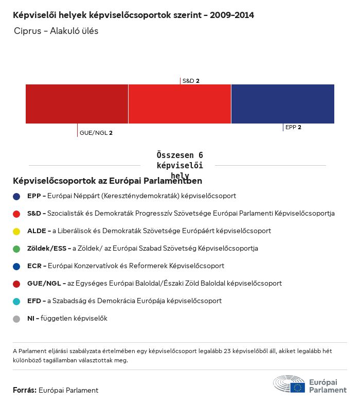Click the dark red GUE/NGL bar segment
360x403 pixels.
coord(77,104)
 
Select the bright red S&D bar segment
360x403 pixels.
coord(179,104)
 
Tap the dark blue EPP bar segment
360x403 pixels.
coord(282,104)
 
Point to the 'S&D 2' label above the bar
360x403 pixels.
coord(191,81)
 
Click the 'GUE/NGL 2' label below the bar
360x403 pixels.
coord(96,133)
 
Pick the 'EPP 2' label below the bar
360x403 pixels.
coord(293,127)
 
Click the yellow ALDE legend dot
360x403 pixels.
coord(16,231)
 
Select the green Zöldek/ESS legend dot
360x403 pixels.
coord(16,249)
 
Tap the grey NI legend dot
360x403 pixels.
coord(16,319)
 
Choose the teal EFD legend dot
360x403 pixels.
coord(16,301)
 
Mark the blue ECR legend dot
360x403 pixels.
coord(16,266)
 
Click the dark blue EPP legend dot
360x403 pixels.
coord(16,196)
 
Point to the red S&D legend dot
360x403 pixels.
coord(16,214)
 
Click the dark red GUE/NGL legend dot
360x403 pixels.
coord(16,284)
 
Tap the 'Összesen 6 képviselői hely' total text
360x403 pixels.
coord(179,165)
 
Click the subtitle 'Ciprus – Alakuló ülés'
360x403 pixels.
coord(56,31)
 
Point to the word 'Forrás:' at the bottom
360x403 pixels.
coord(25,390)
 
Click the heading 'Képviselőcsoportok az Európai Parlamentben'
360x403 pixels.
coord(107,181)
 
